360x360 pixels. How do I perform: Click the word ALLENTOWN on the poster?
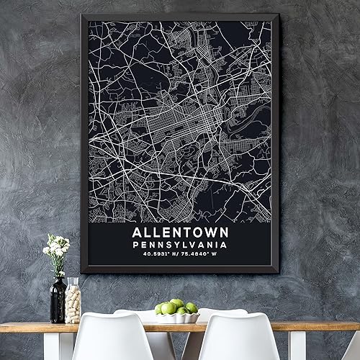(x=179, y=233)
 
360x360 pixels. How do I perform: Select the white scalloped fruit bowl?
(x=177, y=318)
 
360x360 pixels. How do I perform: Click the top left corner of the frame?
(x=81, y=15)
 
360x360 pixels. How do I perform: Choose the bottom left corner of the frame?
(x=81, y=272)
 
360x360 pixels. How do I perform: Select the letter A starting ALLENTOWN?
(x=138, y=233)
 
